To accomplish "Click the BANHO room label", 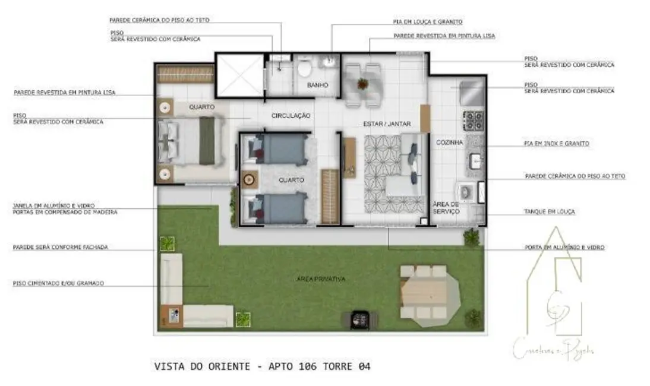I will click(x=318, y=86).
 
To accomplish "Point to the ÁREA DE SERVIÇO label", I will click(x=446, y=207).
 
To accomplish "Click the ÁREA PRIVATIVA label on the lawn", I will click(x=321, y=279).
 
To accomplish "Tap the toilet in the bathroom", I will click(x=304, y=69).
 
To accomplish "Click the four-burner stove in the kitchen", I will click(x=474, y=121).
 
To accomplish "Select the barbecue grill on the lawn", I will click(x=359, y=319).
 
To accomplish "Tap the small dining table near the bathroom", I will click(x=363, y=85).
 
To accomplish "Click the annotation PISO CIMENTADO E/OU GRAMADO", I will click(x=58, y=283).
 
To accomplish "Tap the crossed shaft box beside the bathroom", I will click(x=238, y=75).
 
